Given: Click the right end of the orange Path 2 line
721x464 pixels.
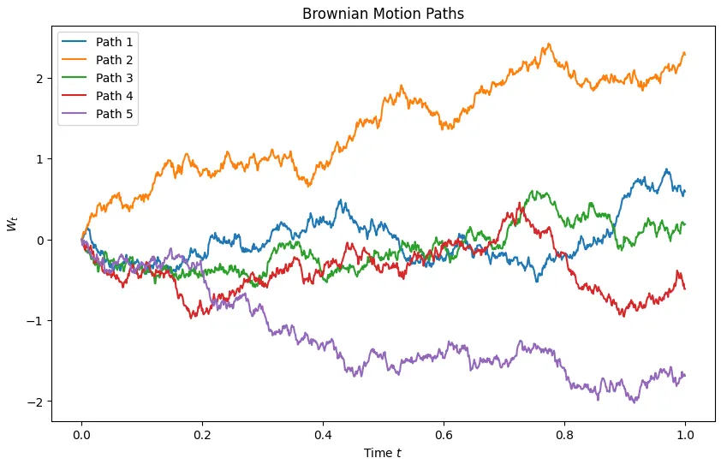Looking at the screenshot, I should coord(685,54).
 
